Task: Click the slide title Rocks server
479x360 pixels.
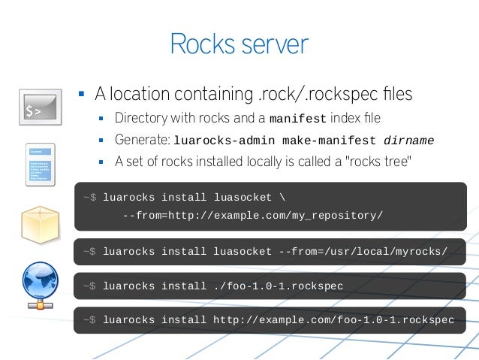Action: (x=239, y=44)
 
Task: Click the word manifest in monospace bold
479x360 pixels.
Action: (x=297, y=119)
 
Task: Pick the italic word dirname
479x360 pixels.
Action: (x=408, y=141)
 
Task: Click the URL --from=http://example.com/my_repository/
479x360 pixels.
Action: (x=252, y=216)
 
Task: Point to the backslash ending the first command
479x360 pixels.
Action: (x=282, y=198)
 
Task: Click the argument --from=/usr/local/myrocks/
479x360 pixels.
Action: (x=363, y=251)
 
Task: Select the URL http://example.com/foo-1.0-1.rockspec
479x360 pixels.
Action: (x=333, y=320)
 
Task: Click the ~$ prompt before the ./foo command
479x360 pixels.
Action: (x=90, y=286)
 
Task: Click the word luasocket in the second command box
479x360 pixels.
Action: (x=242, y=251)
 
